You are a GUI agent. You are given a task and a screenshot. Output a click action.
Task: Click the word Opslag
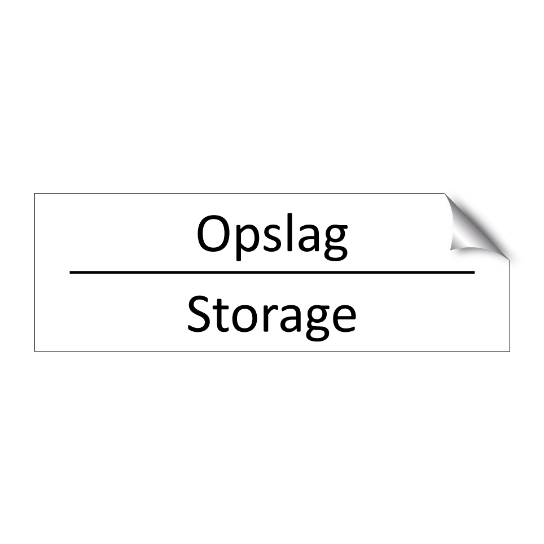tap(271, 235)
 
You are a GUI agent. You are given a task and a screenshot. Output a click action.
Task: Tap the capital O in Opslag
tap(213, 234)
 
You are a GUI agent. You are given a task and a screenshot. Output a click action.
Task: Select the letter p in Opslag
tap(243, 239)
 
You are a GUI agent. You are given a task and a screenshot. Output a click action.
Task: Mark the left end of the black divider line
tap(71, 272)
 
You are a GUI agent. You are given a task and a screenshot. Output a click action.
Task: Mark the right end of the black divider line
tap(474, 272)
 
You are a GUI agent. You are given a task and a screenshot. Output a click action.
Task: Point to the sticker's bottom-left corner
tap(35, 352)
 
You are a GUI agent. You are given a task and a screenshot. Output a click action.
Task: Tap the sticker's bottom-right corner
tap(510, 352)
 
